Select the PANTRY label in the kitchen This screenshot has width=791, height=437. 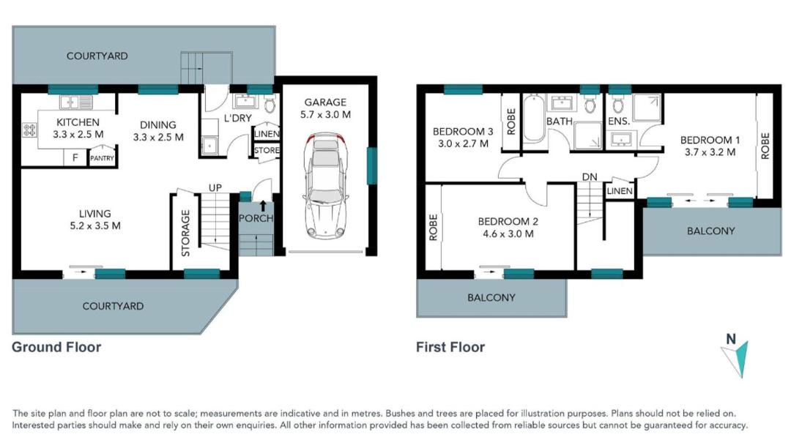coord(102,158)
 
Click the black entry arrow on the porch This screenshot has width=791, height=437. coord(263,206)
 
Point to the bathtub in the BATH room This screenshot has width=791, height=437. coord(534,119)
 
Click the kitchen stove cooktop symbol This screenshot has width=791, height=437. coord(29,130)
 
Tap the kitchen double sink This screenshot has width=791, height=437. coord(76,102)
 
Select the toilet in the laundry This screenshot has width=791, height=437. coord(270,105)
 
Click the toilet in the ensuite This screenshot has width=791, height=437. coord(618,105)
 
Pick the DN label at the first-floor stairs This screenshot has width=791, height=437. coord(589,177)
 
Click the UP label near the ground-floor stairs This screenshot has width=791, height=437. coord(215,187)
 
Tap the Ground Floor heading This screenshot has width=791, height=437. coord(56,347)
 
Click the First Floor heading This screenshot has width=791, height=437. coord(450,347)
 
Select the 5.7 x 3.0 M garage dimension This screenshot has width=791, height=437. coord(325,114)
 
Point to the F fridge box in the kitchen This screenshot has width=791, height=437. coord(75,158)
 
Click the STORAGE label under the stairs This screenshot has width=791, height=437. coord(185,233)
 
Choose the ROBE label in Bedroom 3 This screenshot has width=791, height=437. coord(511,122)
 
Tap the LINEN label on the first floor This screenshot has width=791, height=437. coord(620,191)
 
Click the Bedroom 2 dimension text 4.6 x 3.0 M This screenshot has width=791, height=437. coord(508,234)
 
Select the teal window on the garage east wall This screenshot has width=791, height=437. coord(372,165)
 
